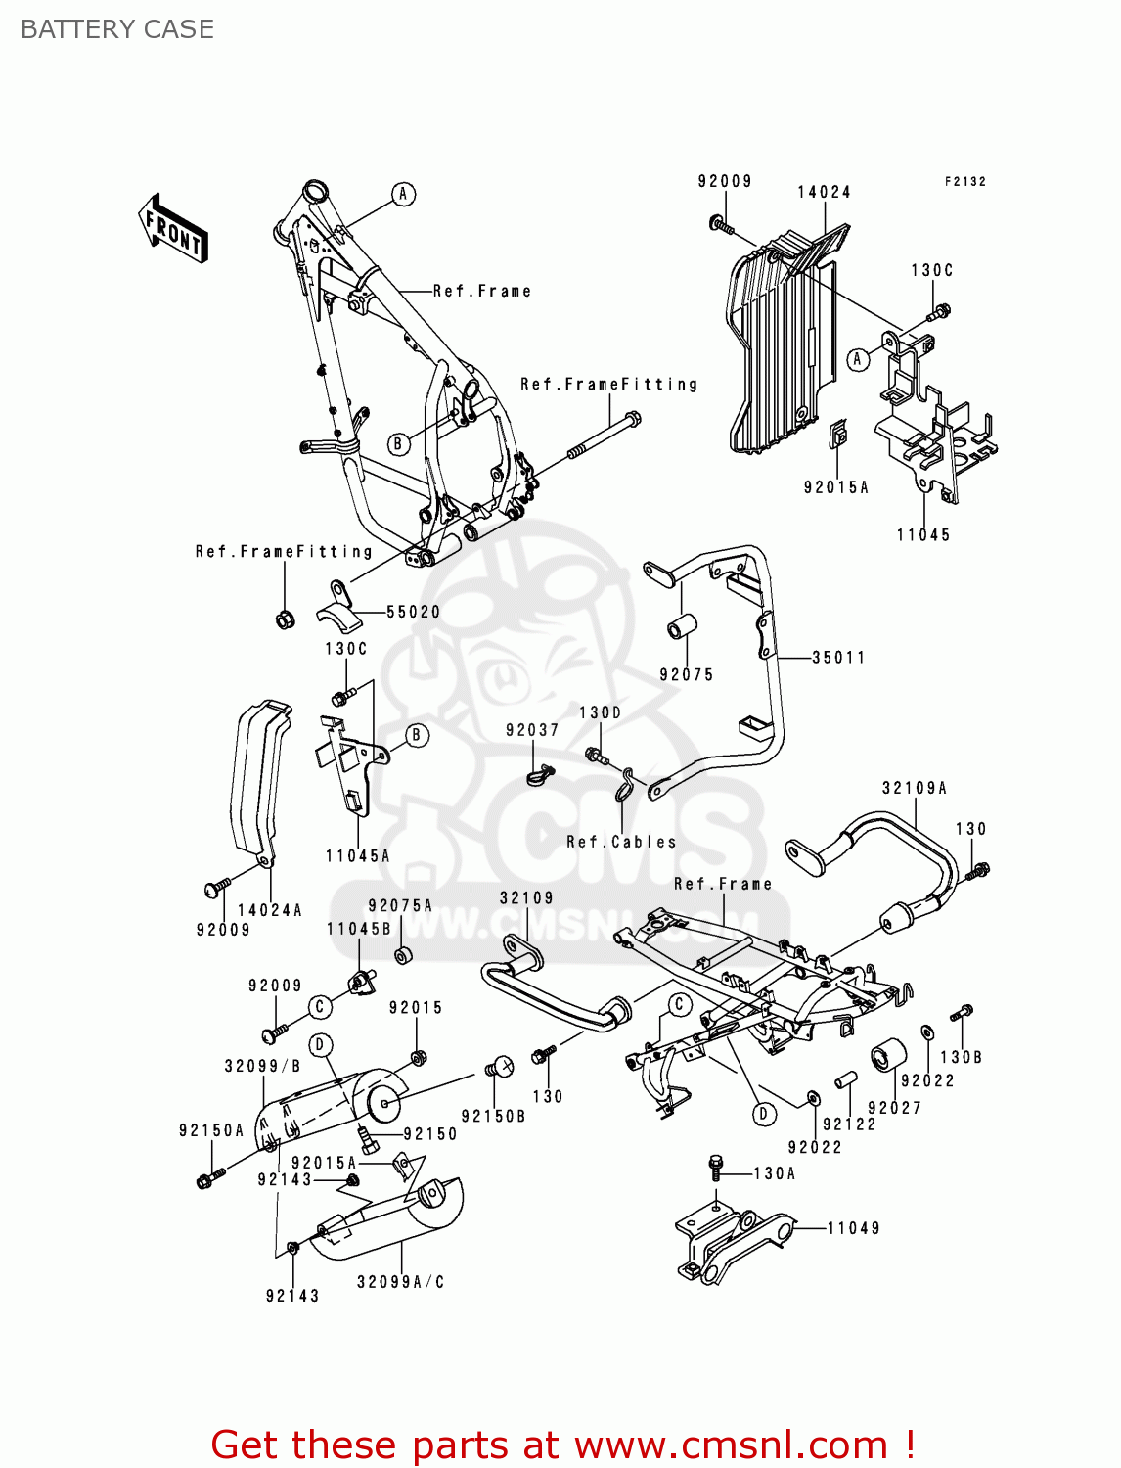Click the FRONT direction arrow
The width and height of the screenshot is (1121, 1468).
(x=173, y=229)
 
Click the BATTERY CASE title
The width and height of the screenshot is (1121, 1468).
(x=117, y=29)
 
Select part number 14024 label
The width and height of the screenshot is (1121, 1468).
(x=824, y=192)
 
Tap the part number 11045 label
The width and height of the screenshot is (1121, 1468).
(x=923, y=535)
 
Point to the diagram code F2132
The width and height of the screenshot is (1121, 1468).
(x=964, y=182)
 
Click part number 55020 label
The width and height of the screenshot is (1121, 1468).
(x=413, y=612)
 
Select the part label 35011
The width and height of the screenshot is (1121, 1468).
(x=838, y=658)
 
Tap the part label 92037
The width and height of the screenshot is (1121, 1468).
(x=532, y=730)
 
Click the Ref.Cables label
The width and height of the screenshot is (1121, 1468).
(x=621, y=842)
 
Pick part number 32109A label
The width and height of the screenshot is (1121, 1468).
(x=914, y=788)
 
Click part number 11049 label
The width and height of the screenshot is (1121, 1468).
(x=853, y=1228)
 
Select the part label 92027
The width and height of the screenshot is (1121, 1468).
(x=894, y=1108)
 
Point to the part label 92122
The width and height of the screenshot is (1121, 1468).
(x=849, y=1124)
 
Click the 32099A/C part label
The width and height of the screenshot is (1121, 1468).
(x=400, y=1282)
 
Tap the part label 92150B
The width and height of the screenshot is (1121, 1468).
(x=493, y=1116)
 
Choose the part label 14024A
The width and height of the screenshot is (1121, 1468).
(x=270, y=910)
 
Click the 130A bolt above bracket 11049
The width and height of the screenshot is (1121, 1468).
(x=716, y=1167)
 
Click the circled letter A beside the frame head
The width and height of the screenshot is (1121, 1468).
(x=403, y=194)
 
